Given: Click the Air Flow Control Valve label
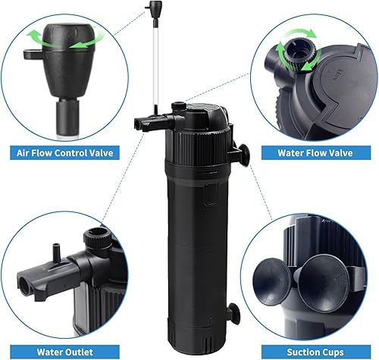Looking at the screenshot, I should pos(66,152).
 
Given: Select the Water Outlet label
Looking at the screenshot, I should pos(66,350).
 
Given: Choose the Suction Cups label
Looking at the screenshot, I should pos(312,350).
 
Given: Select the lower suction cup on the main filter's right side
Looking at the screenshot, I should pos(236,311).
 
